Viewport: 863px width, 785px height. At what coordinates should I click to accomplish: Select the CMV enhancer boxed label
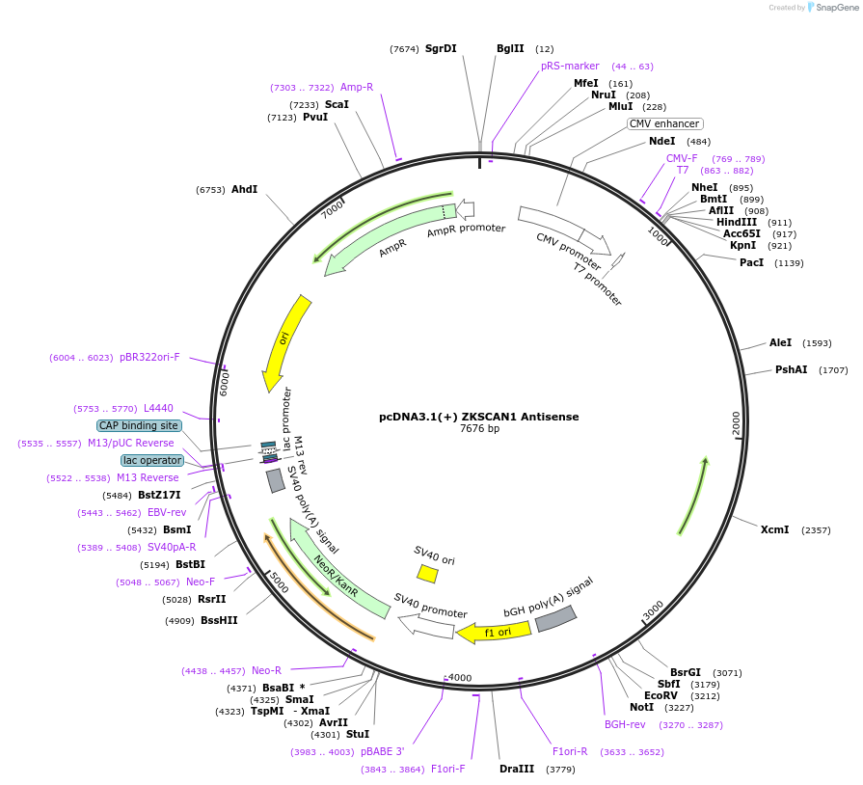click(x=664, y=123)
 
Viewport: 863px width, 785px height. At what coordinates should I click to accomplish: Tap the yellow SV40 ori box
click(x=427, y=574)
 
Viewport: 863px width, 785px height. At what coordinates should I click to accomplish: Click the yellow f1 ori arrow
click(x=494, y=633)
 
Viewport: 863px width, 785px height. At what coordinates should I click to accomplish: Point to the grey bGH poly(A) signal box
click(x=556, y=618)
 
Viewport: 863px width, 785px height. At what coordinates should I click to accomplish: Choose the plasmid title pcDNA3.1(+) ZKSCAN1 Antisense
click(x=479, y=417)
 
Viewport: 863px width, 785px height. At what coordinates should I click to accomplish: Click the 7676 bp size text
click(x=479, y=429)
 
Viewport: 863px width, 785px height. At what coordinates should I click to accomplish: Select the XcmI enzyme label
click(x=774, y=529)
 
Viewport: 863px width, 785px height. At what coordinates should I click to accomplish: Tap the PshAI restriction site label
click(x=791, y=369)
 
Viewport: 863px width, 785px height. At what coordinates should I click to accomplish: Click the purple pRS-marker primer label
click(x=570, y=66)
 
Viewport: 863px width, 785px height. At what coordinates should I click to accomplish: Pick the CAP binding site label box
click(x=138, y=425)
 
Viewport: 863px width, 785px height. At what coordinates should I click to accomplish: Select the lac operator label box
click(x=152, y=460)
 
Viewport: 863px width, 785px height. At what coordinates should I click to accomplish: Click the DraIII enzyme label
click(x=517, y=769)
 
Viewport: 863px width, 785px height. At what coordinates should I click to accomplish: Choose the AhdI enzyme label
click(x=244, y=189)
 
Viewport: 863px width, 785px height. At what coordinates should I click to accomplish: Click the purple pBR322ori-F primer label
click(x=149, y=357)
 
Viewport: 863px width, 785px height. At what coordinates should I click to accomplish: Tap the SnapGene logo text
click(x=833, y=8)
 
